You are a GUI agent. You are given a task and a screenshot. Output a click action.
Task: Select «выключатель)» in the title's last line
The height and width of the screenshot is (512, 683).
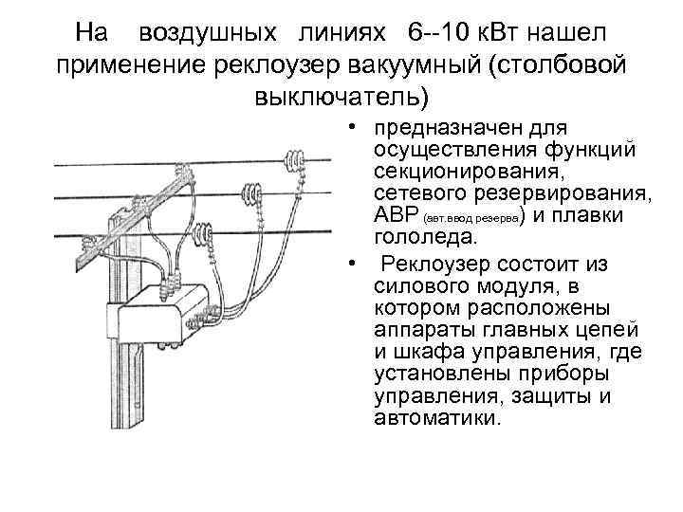click(341, 97)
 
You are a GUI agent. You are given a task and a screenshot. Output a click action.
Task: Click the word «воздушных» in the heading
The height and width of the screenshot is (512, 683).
click(195, 33)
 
